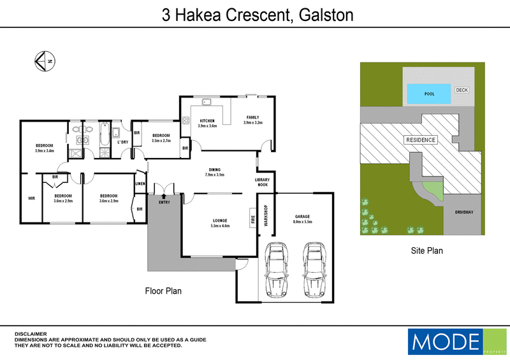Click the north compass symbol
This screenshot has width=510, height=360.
tap(44, 61)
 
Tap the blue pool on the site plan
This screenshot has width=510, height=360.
tap(429, 94)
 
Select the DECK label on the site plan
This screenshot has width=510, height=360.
tap(462, 90)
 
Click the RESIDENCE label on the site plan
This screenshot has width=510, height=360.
tap(421, 140)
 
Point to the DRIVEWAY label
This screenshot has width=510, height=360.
tap(463, 212)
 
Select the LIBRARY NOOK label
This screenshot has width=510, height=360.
tap(262, 182)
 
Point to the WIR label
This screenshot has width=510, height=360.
tap(31, 198)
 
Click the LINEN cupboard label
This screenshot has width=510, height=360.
tap(140, 184)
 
